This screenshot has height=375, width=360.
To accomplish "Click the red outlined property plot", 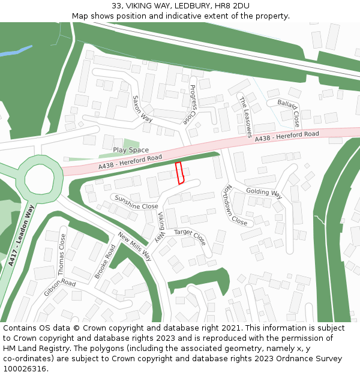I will [179, 173].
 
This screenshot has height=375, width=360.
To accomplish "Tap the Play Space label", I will [131, 150].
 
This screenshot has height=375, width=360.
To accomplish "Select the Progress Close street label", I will [193, 103].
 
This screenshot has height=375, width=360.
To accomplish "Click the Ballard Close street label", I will [289, 112].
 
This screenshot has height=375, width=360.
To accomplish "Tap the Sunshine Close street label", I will [136, 202].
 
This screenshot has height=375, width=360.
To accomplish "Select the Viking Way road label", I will [160, 227].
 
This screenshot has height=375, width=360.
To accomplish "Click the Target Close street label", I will [190, 237].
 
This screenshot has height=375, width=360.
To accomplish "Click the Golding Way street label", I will [264, 193].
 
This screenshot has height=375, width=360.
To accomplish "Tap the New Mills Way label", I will [135, 247].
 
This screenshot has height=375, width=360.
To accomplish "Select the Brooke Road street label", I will [105, 262].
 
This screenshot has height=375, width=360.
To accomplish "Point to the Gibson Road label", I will [60, 287].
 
